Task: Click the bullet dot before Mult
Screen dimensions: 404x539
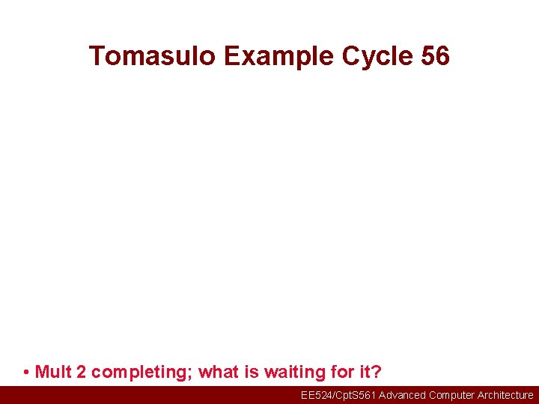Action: click(26, 373)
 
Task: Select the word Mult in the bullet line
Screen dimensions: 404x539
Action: click(52, 372)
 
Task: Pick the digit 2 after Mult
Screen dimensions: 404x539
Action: click(81, 372)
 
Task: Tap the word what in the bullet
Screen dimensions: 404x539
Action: click(217, 372)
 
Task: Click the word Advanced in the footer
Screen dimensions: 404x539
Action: click(402, 395)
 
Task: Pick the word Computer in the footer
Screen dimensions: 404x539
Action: click(452, 395)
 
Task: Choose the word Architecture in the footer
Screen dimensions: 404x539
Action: click(505, 395)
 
